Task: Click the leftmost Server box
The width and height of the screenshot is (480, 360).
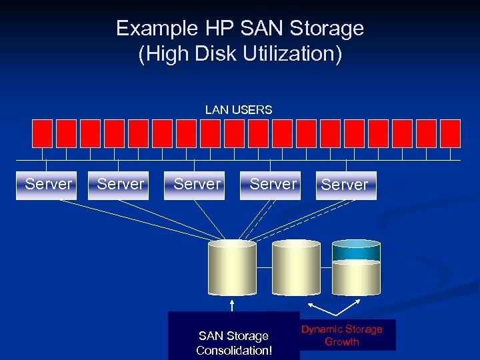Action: (x=49, y=185)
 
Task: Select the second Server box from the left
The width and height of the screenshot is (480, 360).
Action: (x=121, y=185)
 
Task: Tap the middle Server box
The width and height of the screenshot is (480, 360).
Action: (x=197, y=185)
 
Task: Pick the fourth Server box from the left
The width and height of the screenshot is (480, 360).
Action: (x=273, y=185)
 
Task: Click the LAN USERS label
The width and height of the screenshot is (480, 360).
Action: (x=239, y=110)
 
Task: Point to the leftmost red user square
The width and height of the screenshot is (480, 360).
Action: (x=42, y=133)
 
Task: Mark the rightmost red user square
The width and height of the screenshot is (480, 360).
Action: (x=450, y=133)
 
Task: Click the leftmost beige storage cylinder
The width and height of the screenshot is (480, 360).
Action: (x=232, y=268)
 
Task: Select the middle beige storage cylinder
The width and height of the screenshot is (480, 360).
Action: (x=296, y=268)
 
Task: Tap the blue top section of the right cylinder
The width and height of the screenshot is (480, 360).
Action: (x=356, y=250)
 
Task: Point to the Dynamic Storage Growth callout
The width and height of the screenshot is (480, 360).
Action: (x=342, y=335)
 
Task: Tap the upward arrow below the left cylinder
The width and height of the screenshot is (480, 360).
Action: (x=232, y=305)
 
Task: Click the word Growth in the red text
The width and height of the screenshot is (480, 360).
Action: (x=342, y=342)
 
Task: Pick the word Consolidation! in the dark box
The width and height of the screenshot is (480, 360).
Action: (x=234, y=351)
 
